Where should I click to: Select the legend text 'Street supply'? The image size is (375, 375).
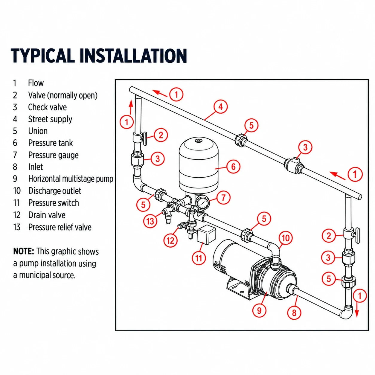[50, 119]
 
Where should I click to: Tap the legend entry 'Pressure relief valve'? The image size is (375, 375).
[60, 227]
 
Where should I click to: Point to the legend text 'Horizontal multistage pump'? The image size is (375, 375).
[71, 179]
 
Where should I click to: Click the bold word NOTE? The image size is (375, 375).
[24, 251]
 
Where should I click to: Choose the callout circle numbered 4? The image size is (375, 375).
[220, 107]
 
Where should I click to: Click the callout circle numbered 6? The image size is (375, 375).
[233, 167]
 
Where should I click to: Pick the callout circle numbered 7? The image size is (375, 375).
[223, 198]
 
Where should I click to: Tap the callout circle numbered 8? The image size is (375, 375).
[294, 313]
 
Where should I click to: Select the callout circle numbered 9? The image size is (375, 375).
[259, 311]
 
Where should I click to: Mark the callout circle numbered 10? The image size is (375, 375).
[286, 238]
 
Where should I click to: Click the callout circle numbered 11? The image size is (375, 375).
[199, 258]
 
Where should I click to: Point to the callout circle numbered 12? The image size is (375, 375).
[171, 241]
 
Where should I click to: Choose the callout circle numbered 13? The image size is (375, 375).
[150, 221]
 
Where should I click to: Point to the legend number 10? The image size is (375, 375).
[17, 191]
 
